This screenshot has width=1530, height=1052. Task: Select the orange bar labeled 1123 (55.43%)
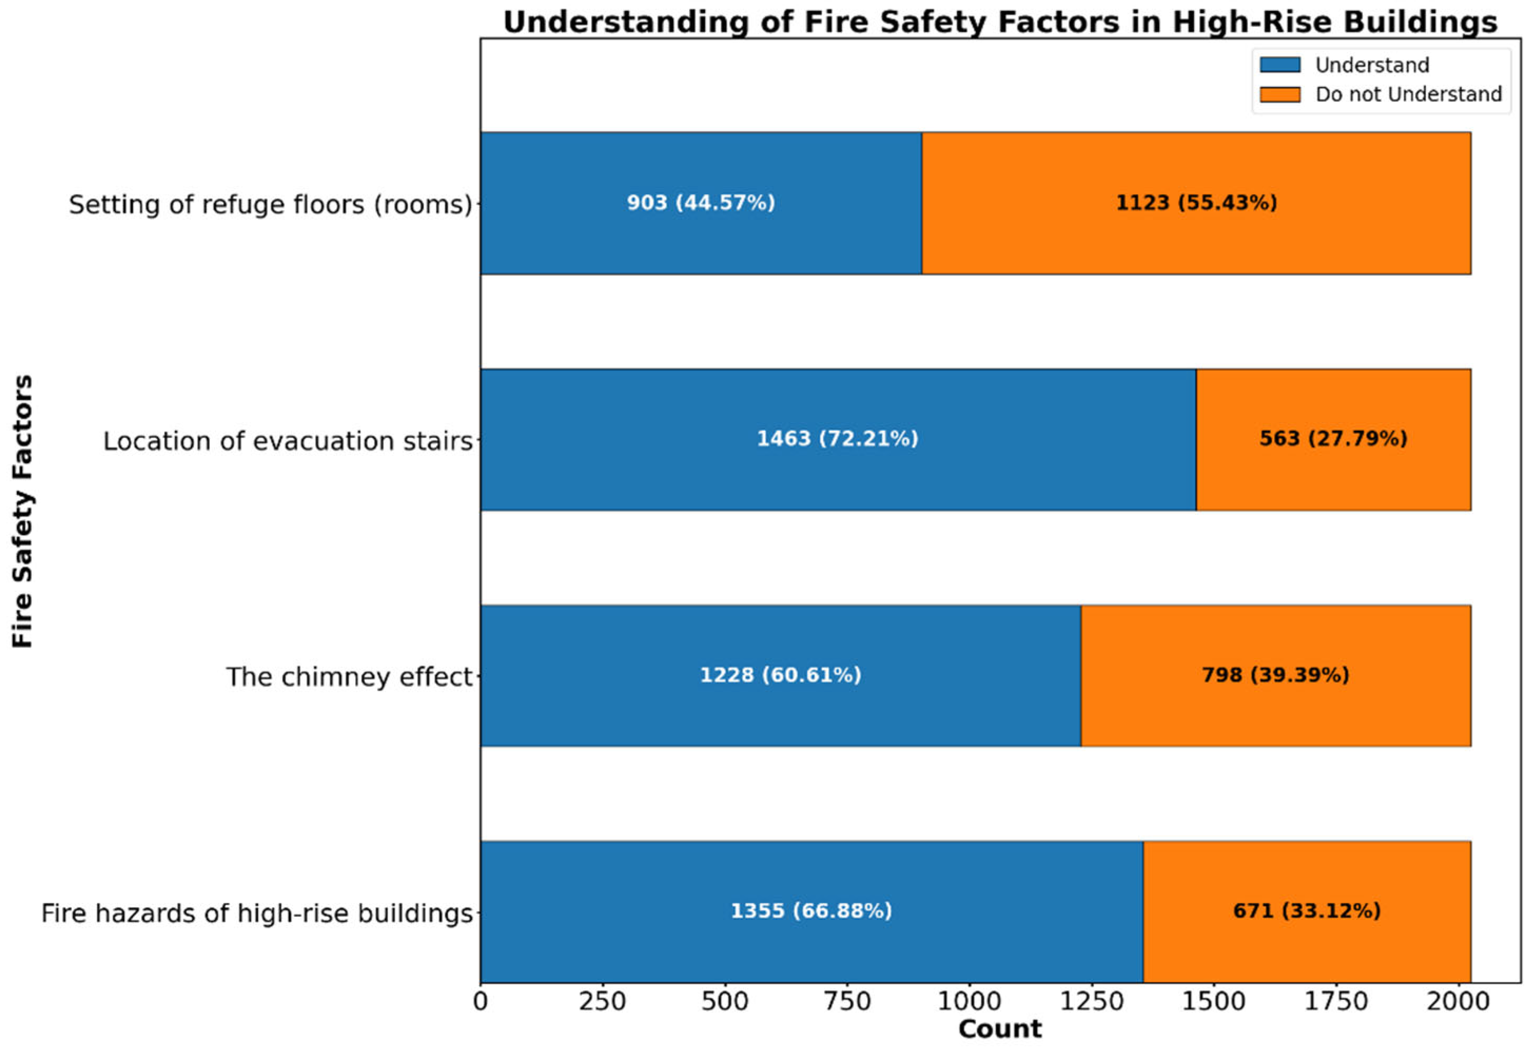(x=1195, y=237)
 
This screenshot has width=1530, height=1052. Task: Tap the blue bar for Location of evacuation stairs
(x=838, y=474)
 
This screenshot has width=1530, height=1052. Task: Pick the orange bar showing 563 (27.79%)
(x=1333, y=474)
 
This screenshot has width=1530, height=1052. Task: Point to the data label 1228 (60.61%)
(x=780, y=675)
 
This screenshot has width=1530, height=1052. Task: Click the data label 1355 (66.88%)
(x=811, y=911)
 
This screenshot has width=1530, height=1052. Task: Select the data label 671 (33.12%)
(x=1307, y=911)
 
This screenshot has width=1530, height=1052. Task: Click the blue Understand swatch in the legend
(x=1279, y=65)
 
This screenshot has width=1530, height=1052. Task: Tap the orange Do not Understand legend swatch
(x=1279, y=94)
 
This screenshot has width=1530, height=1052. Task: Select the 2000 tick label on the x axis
(x=1458, y=1002)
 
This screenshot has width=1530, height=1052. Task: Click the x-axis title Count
(x=1000, y=1029)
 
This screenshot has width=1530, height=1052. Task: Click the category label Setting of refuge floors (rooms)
(x=270, y=205)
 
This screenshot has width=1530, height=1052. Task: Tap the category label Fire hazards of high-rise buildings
(x=257, y=914)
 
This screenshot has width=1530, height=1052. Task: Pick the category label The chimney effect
(x=349, y=677)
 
